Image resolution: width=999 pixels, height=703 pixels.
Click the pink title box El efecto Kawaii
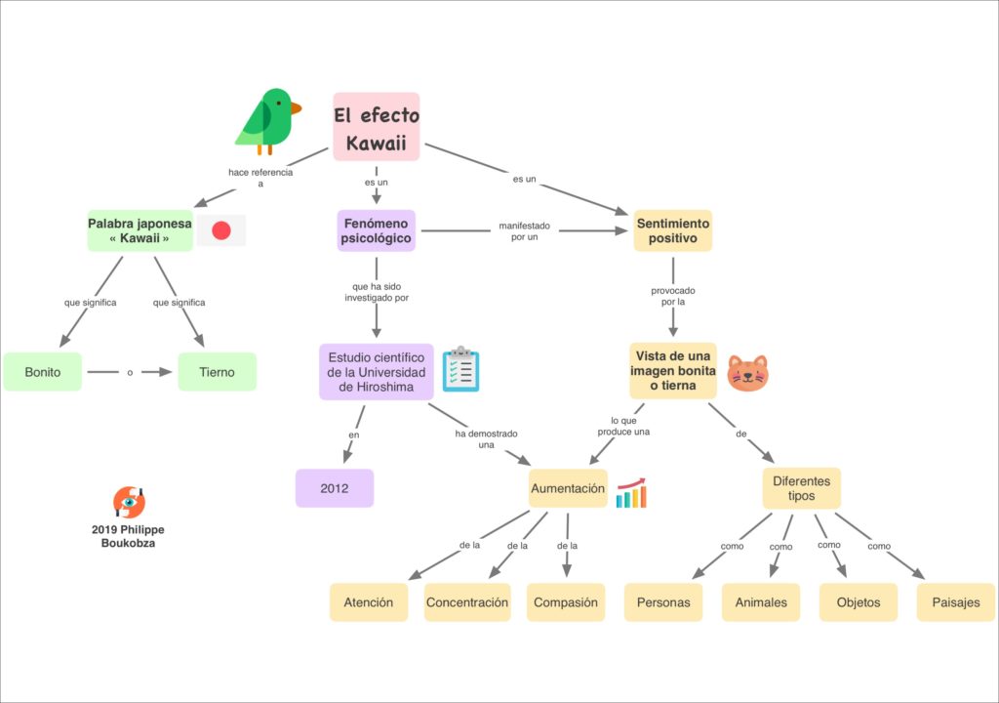pos(377,127)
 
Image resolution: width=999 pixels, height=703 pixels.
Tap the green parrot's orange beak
pos(295,108)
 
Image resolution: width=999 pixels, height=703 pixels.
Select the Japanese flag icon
pos(221,230)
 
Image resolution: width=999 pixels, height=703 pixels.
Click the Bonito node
pos(43,372)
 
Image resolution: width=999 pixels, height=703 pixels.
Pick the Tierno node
pos(217,372)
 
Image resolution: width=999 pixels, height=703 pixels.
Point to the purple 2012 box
pos(335,488)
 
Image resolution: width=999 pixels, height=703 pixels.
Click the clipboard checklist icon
pos(460,369)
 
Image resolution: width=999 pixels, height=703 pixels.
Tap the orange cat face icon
pos(747,373)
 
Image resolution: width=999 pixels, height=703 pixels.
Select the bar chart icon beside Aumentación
pos(631,493)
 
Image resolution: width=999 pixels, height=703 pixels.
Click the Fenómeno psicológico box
pos(377,230)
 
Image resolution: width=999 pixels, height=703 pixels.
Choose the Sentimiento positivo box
pos(672,230)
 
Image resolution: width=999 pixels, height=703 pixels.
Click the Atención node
pos(368,602)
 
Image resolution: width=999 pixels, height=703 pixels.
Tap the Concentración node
pos(467,602)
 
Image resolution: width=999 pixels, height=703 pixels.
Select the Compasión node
pos(566,602)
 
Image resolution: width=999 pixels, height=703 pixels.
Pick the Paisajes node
pos(955,602)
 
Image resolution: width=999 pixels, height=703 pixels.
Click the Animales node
pos(761,602)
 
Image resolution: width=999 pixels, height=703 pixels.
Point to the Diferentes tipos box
pos(801,488)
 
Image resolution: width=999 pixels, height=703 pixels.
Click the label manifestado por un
pos(524,231)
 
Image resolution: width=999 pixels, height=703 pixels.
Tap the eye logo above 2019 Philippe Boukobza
pos(129,502)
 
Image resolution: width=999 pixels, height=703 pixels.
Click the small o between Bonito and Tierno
pos(130,372)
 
